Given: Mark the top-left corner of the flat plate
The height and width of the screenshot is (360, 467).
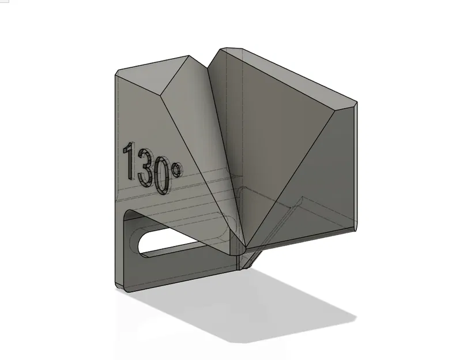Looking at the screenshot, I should [x=116, y=73].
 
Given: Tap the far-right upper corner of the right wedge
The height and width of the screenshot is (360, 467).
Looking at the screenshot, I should [x=357, y=104].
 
